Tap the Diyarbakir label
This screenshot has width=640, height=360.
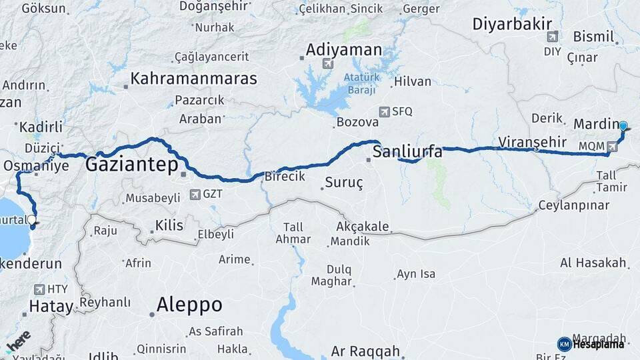[510, 24]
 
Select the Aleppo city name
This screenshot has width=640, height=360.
[189, 305]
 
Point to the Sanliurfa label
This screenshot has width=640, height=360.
[407, 151]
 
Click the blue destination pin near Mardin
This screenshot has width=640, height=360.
[623, 126]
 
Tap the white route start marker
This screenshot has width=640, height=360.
[31, 219]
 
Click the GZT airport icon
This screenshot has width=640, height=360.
[195, 195]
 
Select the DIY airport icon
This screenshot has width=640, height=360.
[551, 37]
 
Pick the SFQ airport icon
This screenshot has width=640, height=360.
[383, 111]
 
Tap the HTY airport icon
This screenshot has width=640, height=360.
[37, 289]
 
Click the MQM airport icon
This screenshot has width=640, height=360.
[612, 145]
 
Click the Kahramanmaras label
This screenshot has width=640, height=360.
[193, 78]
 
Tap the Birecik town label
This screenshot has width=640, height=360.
[285, 176]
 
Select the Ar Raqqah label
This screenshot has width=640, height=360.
[365, 351]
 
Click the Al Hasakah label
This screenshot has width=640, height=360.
[593, 263]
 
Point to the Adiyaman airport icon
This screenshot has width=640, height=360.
[327, 64]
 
